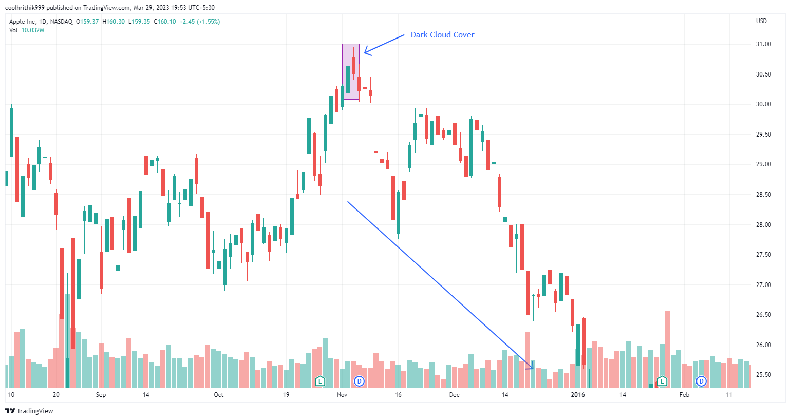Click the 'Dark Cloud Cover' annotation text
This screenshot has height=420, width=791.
pos(442,35)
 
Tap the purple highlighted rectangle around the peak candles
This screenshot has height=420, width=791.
pos(351,71)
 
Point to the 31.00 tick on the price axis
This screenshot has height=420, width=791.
pos(763,44)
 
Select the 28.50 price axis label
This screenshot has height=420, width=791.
pos(763,195)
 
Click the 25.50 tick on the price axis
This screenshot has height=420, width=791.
pos(763,375)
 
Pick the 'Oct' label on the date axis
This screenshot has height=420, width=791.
pos(219,395)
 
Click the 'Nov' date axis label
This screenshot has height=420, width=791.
pos(342,395)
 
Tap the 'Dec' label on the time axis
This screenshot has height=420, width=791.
pos(454,395)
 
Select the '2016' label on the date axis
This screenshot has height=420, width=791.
pos(578,395)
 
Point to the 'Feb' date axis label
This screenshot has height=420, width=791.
pos(684,395)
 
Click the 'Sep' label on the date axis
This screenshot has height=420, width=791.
pos(101,395)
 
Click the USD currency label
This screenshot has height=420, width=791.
pos(761,21)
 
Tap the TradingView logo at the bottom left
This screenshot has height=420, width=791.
pos(29,411)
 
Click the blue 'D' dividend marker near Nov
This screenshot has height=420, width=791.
pos(360,381)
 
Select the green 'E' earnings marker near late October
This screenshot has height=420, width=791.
pos(320,381)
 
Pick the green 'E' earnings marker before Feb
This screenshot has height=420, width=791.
pos(662,381)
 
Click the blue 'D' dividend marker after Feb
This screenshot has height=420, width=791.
pos(701,381)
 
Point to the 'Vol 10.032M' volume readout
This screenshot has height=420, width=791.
pos(27,30)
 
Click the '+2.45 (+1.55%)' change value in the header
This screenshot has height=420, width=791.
pos(199,22)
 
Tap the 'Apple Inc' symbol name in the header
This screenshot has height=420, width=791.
pos(23,22)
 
